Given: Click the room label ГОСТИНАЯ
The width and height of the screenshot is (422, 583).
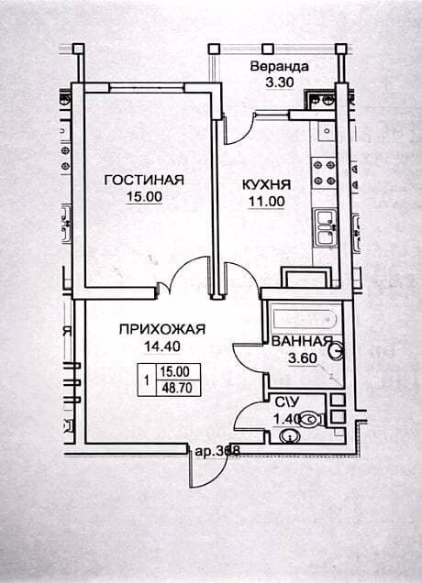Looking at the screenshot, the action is pyautogui.click(x=144, y=180).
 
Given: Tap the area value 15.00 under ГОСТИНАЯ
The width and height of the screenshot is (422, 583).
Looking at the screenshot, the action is pyautogui.click(x=144, y=197).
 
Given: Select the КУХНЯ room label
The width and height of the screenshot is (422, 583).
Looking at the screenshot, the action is pyautogui.click(x=266, y=185).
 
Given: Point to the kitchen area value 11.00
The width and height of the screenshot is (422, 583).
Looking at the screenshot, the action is pyautogui.click(x=266, y=202).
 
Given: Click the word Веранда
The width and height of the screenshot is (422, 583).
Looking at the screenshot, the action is pyautogui.click(x=280, y=67).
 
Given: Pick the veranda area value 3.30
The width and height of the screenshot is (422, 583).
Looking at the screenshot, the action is pyautogui.click(x=280, y=82).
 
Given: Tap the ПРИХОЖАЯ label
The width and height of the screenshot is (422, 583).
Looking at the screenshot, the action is pyautogui.click(x=162, y=329).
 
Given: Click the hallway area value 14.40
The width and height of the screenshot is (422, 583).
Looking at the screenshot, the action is pyautogui.click(x=162, y=346).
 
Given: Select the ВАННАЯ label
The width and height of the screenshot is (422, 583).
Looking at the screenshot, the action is pyautogui.click(x=302, y=341).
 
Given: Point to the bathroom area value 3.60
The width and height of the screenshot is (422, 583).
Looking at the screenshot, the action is pyautogui.click(x=303, y=358).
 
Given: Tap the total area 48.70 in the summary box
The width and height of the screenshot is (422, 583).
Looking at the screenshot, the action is pyautogui.click(x=177, y=388).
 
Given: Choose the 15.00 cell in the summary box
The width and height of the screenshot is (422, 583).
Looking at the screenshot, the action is pyautogui.click(x=175, y=371).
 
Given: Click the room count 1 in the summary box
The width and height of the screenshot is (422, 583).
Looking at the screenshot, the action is pyautogui.click(x=148, y=380).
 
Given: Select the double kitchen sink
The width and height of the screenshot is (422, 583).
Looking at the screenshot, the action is pyautogui.click(x=326, y=227).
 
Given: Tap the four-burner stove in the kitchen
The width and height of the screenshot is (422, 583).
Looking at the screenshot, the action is pyautogui.click(x=324, y=173).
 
